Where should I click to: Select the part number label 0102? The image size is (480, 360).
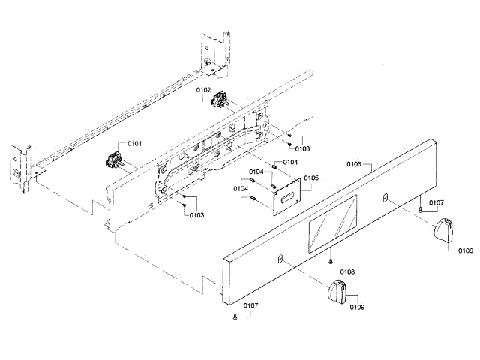pyautogui.click(x=204, y=90)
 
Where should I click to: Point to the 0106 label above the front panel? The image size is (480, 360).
pyautogui.click(x=354, y=163)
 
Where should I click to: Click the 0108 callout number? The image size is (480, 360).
pyautogui.click(x=347, y=271)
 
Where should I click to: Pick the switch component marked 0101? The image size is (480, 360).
pyautogui.click(x=115, y=159)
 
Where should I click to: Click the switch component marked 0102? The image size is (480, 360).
pyautogui.click(x=221, y=98)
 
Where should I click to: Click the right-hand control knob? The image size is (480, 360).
pyautogui.click(x=445, y=227)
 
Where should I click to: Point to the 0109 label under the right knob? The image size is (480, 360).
pyautogui.click(x=466, y=251)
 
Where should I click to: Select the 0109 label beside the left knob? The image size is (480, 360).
pyautogui.click(x=356, y=306)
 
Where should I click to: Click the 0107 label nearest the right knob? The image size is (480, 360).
pyautogui.click(x=436, y=202)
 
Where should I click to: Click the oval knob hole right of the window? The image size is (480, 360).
pyautogui.click(x=385, y=196)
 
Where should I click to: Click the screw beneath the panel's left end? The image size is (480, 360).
pyautogui.click(x=235, y=318)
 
